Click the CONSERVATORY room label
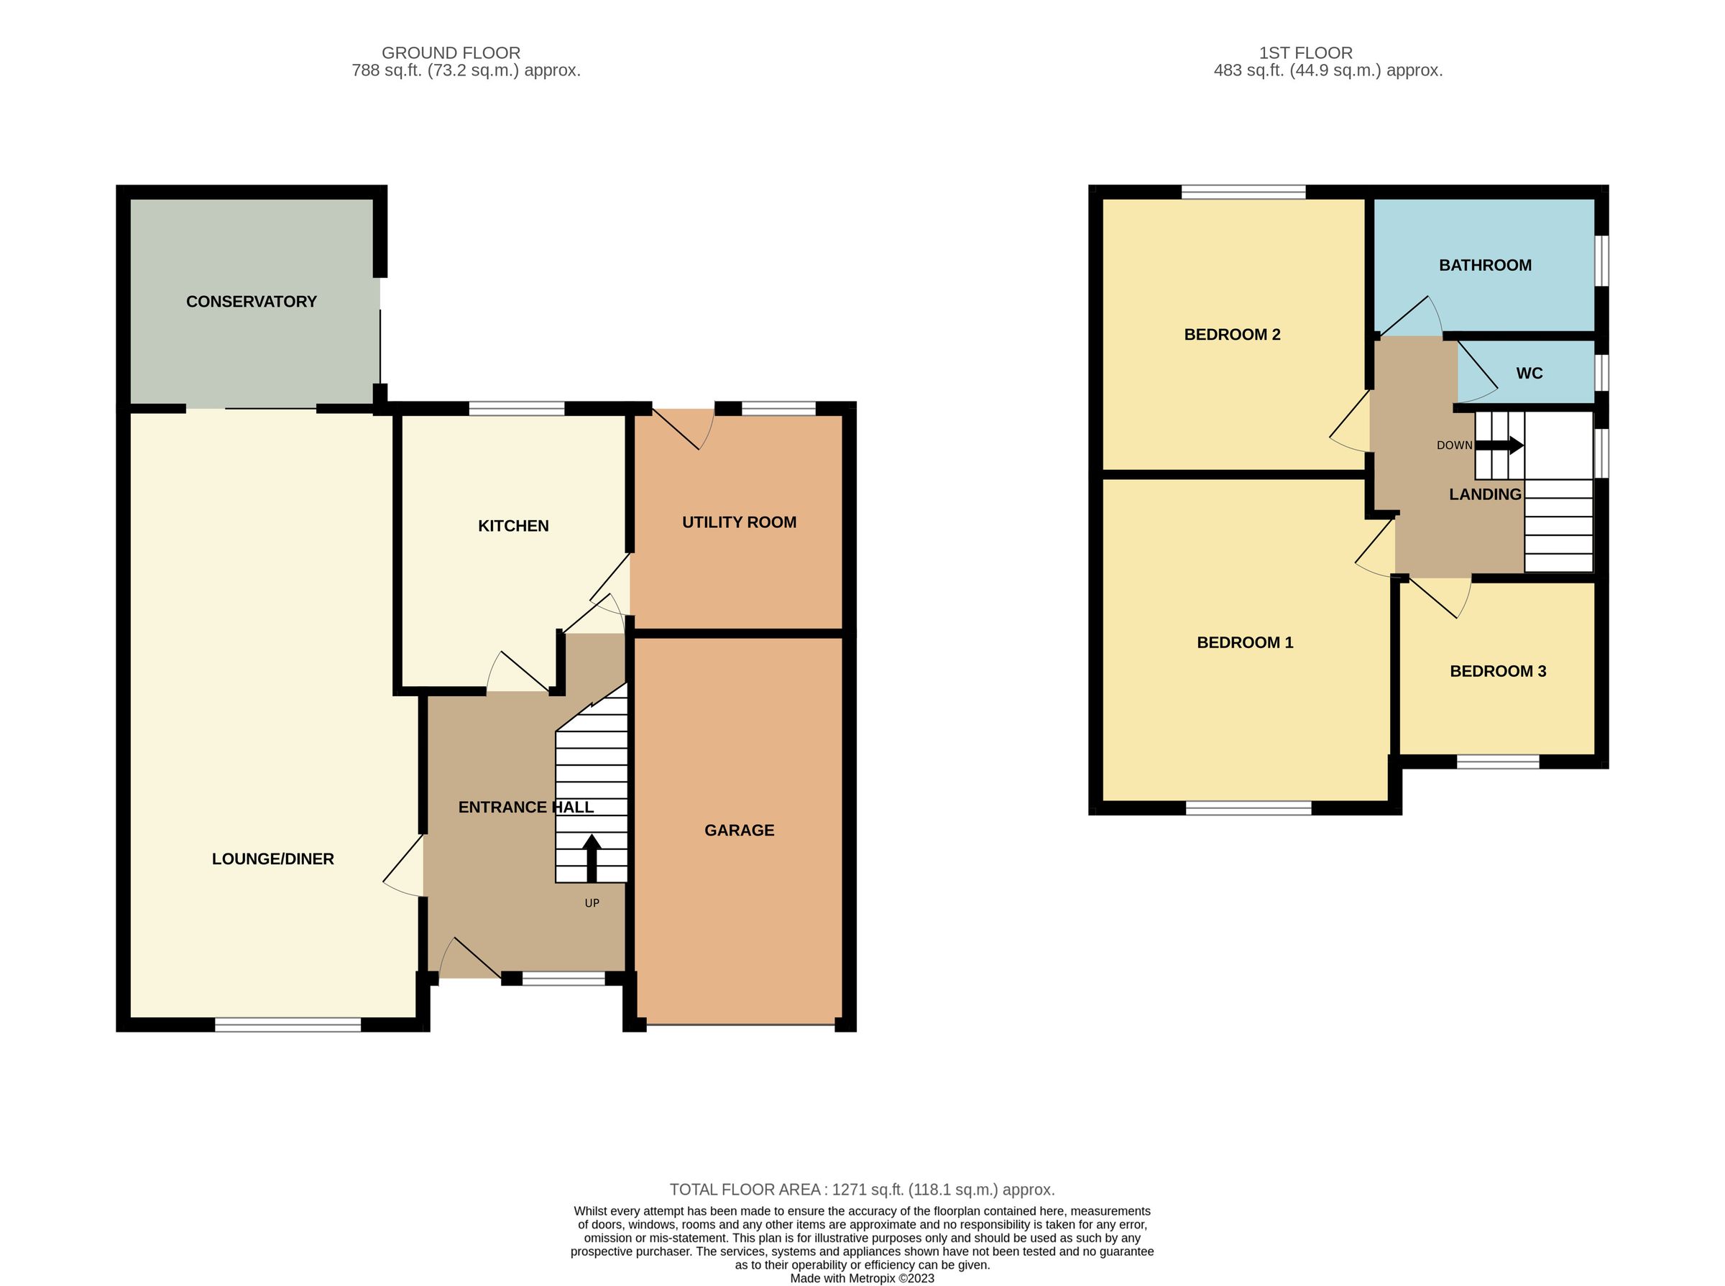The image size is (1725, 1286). pyautogui.click(x=251, y=301)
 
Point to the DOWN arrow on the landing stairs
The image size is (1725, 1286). pyautogui.click(x=1499, y=445)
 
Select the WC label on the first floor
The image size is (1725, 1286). pyautogui.click(x=1529, y=373)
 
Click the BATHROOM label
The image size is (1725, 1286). pyautogui.click(x=1484, y=264)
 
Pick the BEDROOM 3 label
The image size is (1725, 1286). pyautogui.click(x=1497, y=671)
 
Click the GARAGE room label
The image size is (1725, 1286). pyautogui.click(x=738, y=830)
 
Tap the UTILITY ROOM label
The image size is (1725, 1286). pyautogui.click(x=738, y=522)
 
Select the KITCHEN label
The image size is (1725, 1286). pyautogui.click(x=512, y=525)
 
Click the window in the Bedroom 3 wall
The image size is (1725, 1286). pyautogui.click(x=1497, y=762)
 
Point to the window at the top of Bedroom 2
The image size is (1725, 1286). pyautogui.click(x=1242, y=192)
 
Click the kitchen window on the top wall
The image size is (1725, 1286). pyautogui.click(x=515, y=408)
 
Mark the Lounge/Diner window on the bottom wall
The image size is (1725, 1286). pyautogui.click(x=287, y=1024)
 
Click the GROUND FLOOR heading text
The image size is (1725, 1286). pyautogui.click(x=450, y=53)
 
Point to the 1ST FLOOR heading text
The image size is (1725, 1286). pyautogui.click(x=1305, y=53)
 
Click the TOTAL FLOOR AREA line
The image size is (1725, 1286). pyautogui.click(x=861, y=1190)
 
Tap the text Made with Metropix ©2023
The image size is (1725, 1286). pyautogui.click(x=861, y=1278)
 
